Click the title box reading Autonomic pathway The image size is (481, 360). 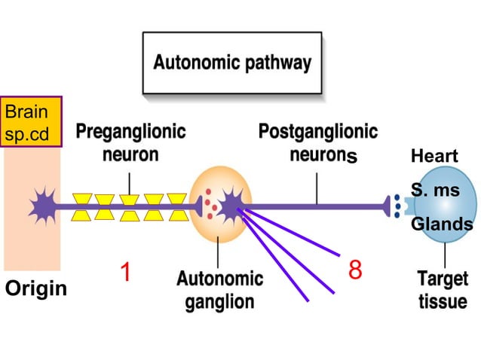coord(231,63)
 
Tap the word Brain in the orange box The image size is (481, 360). coord(26,112)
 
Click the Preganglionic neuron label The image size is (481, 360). coord(130,143)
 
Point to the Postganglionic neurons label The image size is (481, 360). coord(317,143)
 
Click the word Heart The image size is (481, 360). coord(434,157)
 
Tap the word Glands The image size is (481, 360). coord(442,224)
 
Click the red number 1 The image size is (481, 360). coord(127,273)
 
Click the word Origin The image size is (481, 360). coord(36,288)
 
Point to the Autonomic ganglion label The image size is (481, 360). coord(219,290)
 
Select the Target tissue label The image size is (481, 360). coord(443,290)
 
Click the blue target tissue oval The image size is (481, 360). coord(446,203)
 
